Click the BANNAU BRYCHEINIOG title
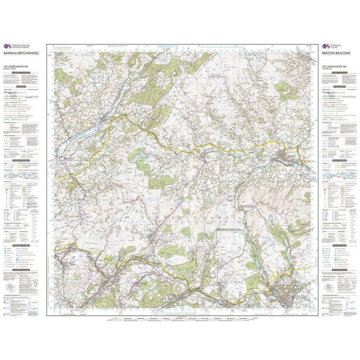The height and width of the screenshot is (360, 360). pos(20,53)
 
